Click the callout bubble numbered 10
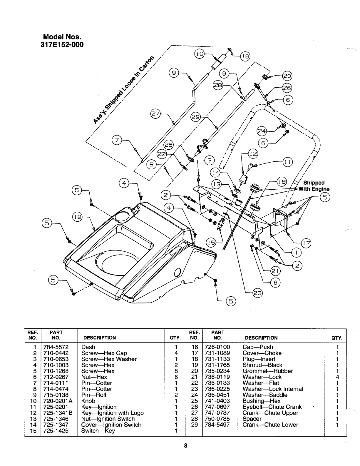coord(200,54)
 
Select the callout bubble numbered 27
coord(155,114)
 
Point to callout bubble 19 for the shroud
coord(77,217)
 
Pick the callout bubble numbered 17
coord(306,243)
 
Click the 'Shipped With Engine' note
coord(314,186)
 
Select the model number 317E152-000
coord(62,45)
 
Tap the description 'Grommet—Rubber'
coord(267,371)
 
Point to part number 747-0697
coord(217,407)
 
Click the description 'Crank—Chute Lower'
coord(270,425)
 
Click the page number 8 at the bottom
coord(185,445)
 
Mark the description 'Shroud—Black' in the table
coord(262,365)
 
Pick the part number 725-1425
coord(56,431)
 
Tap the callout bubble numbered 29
coord(196,117)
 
